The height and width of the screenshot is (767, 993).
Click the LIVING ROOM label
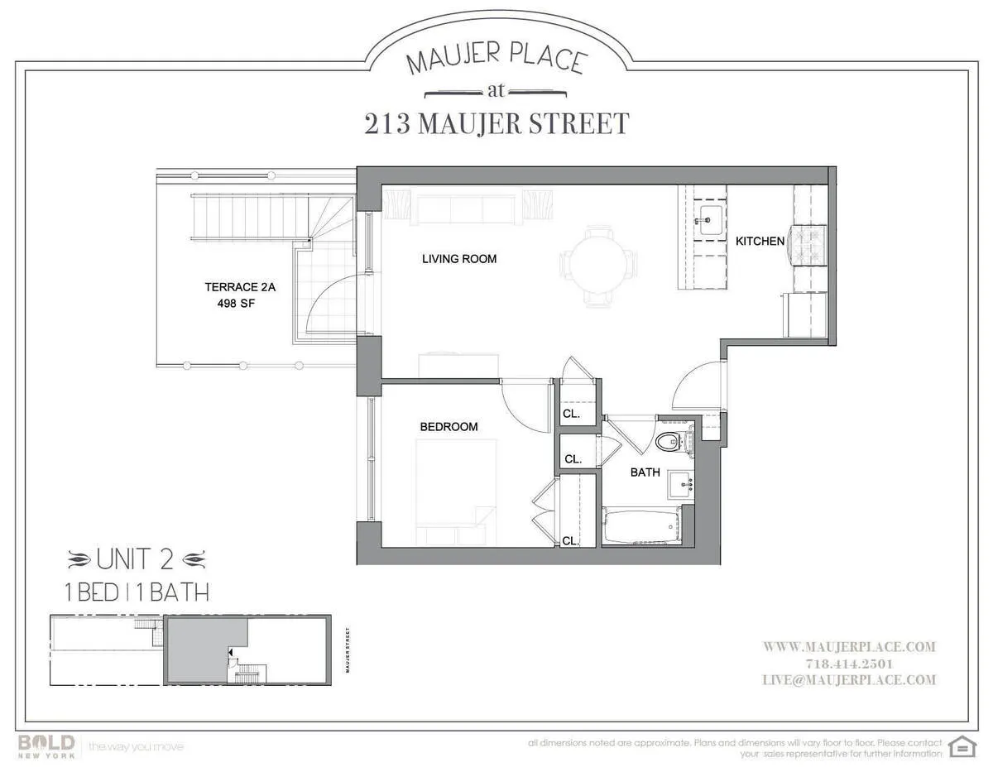pos(459,259)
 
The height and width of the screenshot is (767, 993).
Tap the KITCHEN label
pos(760,242)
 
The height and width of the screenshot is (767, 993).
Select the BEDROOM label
pos(449,427)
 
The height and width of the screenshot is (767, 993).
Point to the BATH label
pos(645,473)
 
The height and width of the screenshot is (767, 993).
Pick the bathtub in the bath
pos(640,528)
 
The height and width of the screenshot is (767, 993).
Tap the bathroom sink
pos(680,485)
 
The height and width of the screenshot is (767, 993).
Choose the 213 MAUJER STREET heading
pos(496,124)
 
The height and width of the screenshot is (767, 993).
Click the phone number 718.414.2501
pos(848,664)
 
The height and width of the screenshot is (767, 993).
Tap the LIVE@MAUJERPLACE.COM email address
pos(848,680)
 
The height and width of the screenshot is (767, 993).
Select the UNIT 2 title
pos(135,560)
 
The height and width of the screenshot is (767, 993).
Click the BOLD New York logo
pos(47,745)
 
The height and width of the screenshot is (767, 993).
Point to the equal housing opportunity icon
pos(960,745)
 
